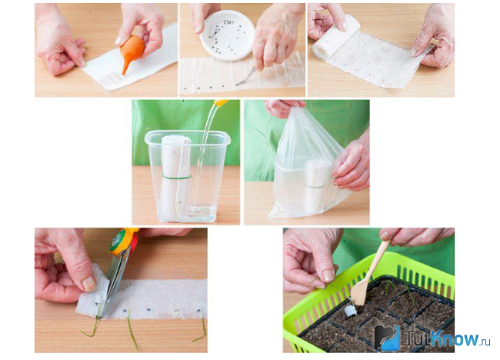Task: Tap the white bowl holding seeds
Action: (x=228, y=35)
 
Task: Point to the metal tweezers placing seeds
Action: (x=245, y=76)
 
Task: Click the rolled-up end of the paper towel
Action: (x=334, y=38)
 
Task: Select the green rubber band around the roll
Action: (x=177, y=176)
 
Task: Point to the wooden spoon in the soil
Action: (x=369, y=274)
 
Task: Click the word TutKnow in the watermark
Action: (x=442, y=338)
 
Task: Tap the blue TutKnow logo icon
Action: (x=387, y=338)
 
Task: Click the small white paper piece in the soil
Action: (x=351, y=311)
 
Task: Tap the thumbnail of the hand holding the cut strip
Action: (x=88, y=283)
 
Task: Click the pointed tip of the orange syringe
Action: (x=124, y=74)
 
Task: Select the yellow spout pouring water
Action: (x=222, y=102)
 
